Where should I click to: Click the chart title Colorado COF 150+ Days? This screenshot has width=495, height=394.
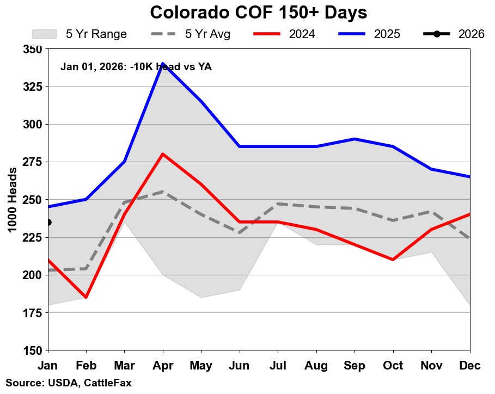coord(259,13)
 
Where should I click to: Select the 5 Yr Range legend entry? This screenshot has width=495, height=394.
coord(80,34)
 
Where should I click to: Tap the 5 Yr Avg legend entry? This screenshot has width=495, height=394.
coord(190,34)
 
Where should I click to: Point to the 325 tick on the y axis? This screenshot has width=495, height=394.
coord(33,87)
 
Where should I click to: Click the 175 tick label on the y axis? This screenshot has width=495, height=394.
coord(33,313)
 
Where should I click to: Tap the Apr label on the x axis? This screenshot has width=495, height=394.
coord(163,366)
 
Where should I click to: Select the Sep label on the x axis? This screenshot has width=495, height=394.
coord(355,366)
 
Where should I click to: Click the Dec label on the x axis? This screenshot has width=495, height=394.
coord(469,366)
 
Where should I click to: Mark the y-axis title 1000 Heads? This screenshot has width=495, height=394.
coord(12,200)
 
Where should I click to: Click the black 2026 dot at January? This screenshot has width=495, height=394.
coord(48,222)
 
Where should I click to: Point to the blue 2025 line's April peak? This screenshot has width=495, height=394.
coord(163,64)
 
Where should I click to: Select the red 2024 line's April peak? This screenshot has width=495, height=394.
coord(163,154)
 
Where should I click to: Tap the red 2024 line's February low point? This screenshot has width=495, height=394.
coord(86,297)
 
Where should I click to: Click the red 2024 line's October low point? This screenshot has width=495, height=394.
coord(393,260)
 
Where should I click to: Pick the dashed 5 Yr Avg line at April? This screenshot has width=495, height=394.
coord(163,192)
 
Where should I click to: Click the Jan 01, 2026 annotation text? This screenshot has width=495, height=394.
coord(136,67)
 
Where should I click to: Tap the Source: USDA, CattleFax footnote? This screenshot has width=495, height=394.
coord(69,383)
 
